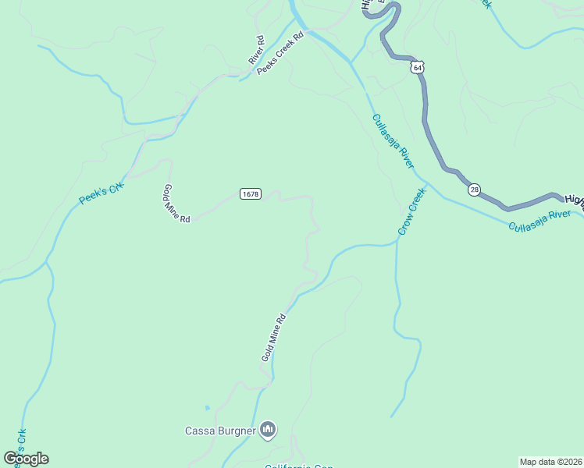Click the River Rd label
[257, 50]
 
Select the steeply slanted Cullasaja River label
[393, 141]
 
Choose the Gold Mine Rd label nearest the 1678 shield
[177, 204]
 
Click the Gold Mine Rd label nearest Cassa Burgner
[274, 338]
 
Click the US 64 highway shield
[418, 68]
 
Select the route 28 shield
[474, 190]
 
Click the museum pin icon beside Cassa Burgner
[268, 429]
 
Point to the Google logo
[26, 459]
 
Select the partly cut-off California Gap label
[299, 466]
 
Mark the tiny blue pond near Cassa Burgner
[207, 407]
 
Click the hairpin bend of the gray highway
[390, 9]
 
